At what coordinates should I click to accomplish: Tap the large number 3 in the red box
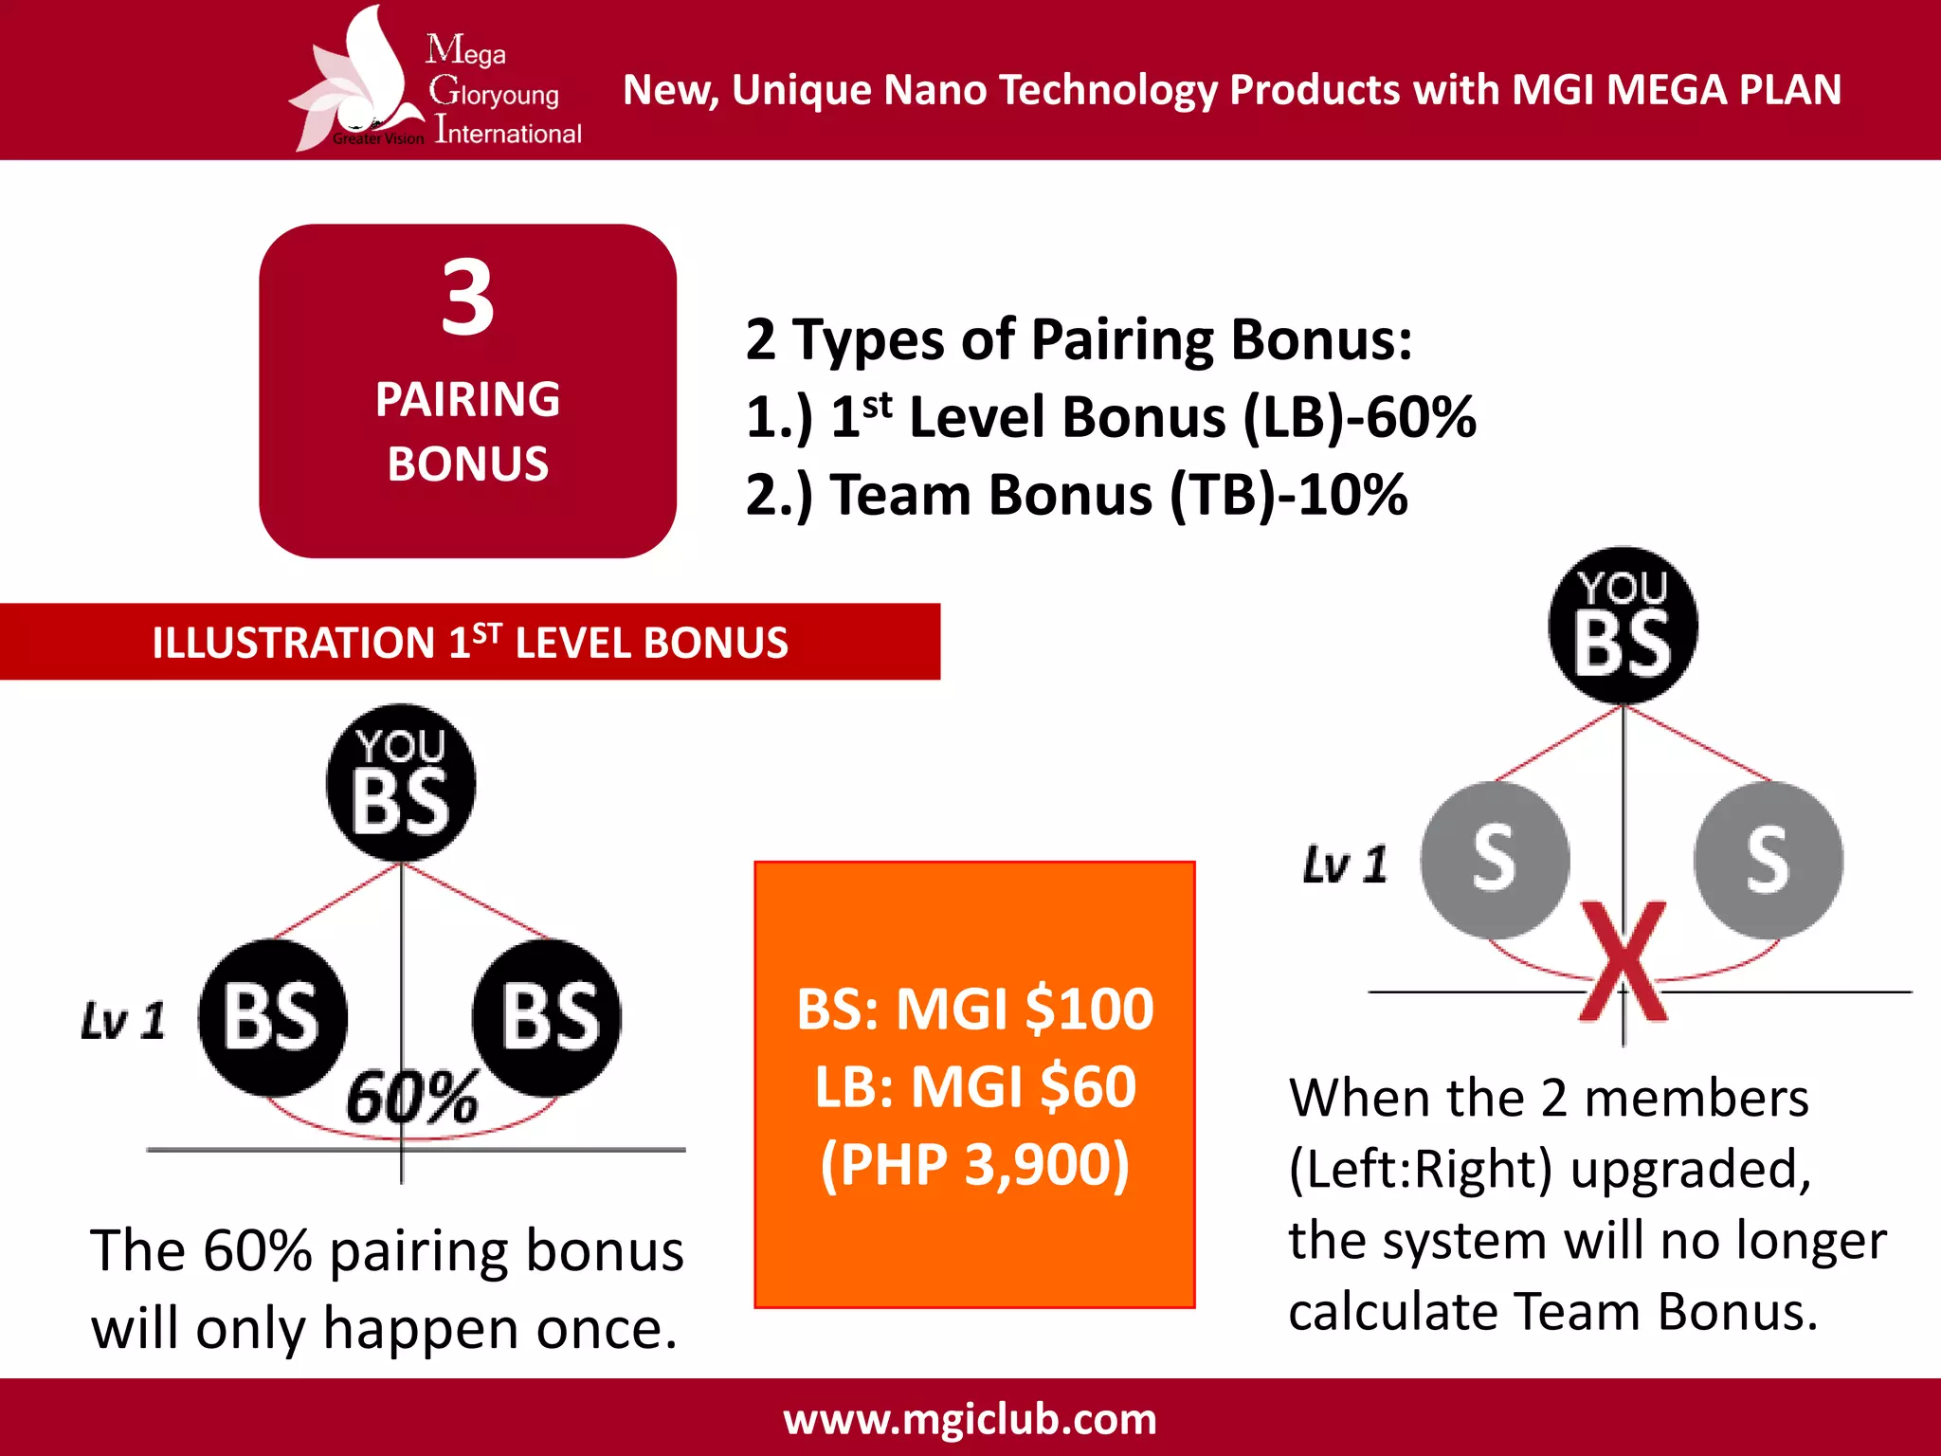(x=467, y=299)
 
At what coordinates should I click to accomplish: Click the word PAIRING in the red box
(x=467, y=399)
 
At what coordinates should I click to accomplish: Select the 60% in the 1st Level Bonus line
(x=1421, y=417)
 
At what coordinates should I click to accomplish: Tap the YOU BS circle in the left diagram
(x=401, y=783)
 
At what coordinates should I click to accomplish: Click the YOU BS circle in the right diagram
(x=1623, y=626)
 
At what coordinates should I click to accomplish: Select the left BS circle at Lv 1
(x=273, y=1017)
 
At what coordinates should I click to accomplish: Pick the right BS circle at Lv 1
(x=547, y=1017)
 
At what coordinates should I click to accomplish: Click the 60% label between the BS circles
(x=411, y=1098)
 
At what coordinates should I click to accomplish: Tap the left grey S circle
(x=1495, y=860)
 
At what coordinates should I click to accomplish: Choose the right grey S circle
(x=1769, y=860)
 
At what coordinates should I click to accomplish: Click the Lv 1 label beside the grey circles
(x=1345, y=864)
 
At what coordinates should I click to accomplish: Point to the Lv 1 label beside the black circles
(x=123, y=1021)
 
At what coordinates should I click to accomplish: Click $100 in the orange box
(x=1089, y=1009)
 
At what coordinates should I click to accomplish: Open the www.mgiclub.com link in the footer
(x=970, y=1419)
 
